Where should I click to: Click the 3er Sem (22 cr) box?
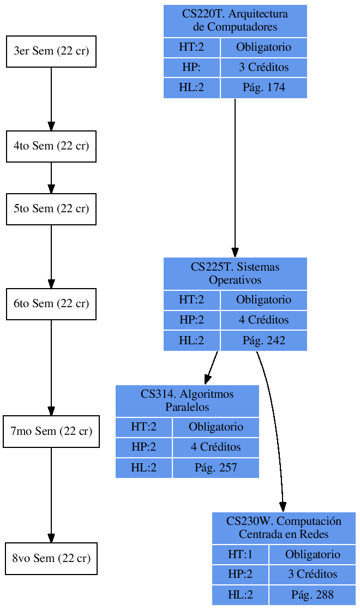[51, 51]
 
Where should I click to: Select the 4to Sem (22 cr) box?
[51, 146]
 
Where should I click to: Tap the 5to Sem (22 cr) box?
[51, 209]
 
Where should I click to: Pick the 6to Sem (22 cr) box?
[51, 304]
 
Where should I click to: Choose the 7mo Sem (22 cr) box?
[51, 432]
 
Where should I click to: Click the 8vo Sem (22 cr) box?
[51, 559]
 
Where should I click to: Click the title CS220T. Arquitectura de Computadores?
[235, 21]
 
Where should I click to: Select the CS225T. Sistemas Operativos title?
[235, 273]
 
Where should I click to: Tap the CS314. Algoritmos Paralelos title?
[187, 401]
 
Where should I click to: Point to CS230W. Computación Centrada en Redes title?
[284, 528]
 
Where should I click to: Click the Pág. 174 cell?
[263, 88]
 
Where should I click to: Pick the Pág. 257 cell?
[215, 468]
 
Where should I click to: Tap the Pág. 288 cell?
[312, 595]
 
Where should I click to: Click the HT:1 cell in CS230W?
[240, 555]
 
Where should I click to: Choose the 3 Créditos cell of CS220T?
[263, 68]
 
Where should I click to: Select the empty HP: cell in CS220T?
[191, 68]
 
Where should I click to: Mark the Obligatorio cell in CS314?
[215, 427]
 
